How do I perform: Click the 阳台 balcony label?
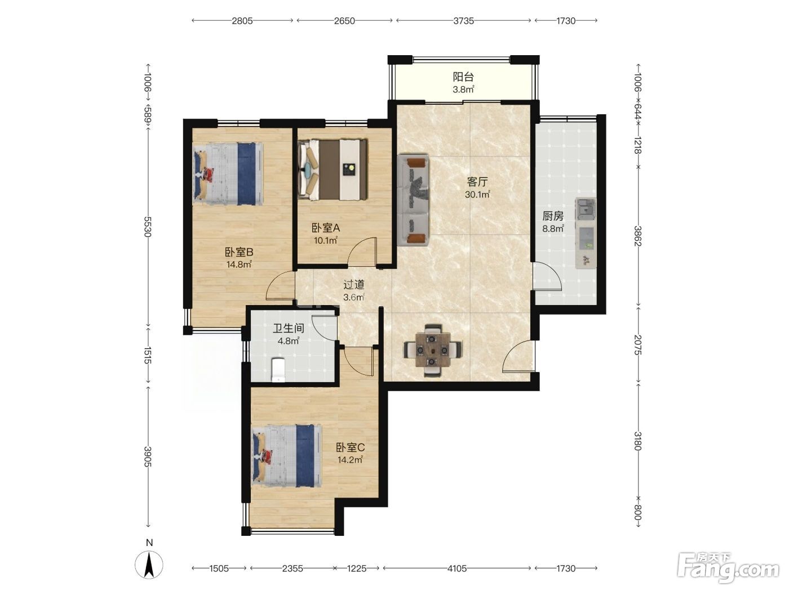(x=463, y=77)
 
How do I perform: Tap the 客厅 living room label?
(x=477, y=182)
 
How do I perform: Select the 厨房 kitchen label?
(x=553, y=216)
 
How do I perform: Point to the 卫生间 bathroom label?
(x=289, y=328)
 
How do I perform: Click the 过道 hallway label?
(x=354, y=285)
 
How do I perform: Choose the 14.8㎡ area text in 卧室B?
(x=239, y=265)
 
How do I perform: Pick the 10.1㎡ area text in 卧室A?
(x=326, y=240)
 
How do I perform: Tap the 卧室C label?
(x=350, y=447)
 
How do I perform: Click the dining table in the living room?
(x=433, y=350)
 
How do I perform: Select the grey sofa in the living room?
(x=413, y=200)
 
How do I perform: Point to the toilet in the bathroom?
(x=278, y=370)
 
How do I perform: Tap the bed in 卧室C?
(x=286, y=455)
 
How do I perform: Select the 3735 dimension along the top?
(x=463, y=21)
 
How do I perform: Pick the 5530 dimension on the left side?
(x=148, y=227)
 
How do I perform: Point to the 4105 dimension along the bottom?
(x=457, y=568)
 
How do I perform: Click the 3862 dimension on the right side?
(x=637, y=236)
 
